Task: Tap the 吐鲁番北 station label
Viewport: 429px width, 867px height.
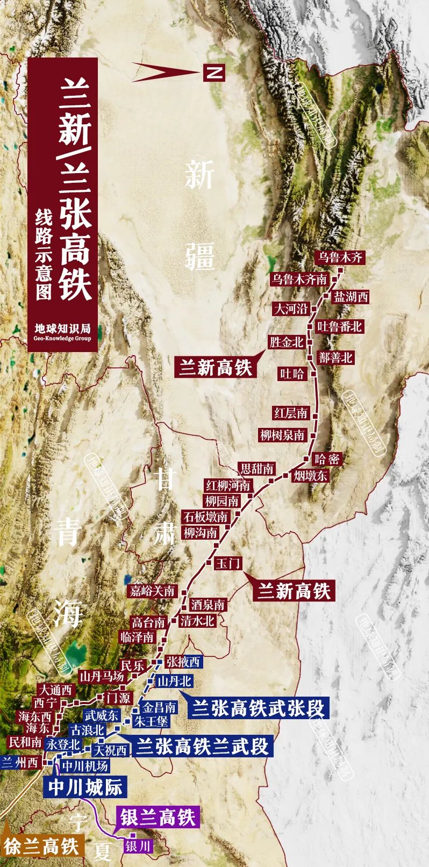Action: pos(339,326)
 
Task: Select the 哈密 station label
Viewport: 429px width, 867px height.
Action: pos(327,459)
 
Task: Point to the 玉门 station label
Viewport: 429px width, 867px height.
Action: pos(227,563)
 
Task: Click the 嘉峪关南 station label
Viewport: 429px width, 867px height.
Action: pos(153,591)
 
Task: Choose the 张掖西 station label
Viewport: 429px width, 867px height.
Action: pos(183,661)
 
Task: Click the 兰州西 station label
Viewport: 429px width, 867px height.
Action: pos(20,763)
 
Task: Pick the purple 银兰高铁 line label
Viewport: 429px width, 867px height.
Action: pos(158,818)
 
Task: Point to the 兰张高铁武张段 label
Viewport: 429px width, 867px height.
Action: pos(258,708)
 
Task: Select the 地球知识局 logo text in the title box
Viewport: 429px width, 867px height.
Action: pos(62,328)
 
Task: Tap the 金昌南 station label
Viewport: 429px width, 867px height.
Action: pos(159,707)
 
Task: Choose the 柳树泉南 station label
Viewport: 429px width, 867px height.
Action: pos(283,435)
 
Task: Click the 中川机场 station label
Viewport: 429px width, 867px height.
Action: pos(84,765)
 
